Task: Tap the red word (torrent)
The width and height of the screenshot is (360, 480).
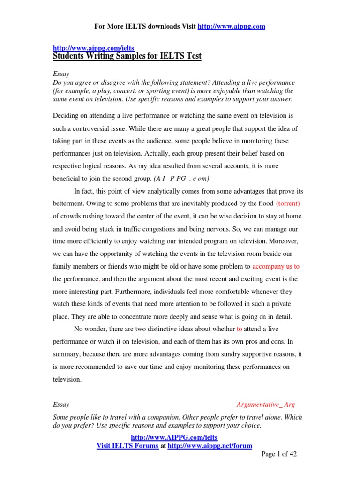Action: [288, 204]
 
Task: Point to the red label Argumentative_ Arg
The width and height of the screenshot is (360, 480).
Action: [265, 405]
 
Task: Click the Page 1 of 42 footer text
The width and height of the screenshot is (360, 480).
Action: [279, 454]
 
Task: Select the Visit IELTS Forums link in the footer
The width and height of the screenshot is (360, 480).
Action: [127, 446]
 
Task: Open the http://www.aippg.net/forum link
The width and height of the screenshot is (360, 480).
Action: [210, 446]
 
